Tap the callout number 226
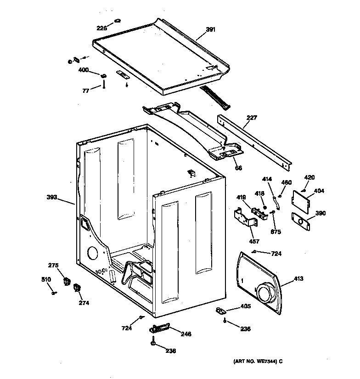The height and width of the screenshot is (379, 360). point(101,28)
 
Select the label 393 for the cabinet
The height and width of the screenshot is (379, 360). point(52,197)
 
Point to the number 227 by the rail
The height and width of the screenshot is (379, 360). point(251,118)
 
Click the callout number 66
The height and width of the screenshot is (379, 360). point(238,168)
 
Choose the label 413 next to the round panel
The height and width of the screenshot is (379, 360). point(298,278)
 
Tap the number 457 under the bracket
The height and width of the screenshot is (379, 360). point(254,241)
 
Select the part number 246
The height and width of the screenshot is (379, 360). point(186,334)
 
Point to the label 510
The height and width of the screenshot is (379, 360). point(46,279)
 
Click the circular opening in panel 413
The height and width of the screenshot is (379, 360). point(265,293)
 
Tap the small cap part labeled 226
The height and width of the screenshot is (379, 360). point(116,21)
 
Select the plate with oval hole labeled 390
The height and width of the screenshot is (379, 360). point(301,221)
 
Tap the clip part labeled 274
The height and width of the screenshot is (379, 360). point(76,288)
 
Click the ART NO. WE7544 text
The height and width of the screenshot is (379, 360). point(254,361)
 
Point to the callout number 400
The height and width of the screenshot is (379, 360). point(83,70)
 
